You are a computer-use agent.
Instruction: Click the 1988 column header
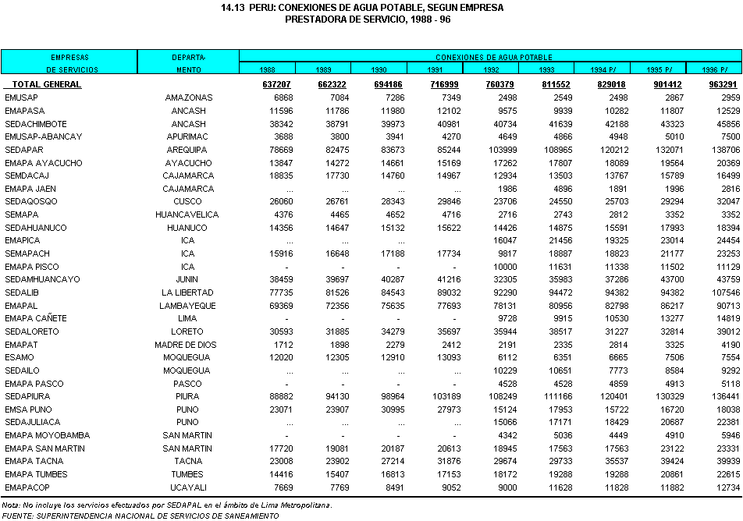[267, 69]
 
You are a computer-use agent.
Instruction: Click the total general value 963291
[723, 84]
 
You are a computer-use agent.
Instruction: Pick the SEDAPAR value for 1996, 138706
[723, 150]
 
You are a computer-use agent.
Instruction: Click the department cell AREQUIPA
[188, 150]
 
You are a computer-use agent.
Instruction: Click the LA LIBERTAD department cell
[188, 292]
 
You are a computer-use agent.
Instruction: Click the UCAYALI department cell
[188, 487]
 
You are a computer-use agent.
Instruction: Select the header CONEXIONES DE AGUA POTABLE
[493, 57]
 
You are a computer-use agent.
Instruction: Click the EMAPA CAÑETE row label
[36, 318]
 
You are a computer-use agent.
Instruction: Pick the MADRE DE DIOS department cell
[188, 344]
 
